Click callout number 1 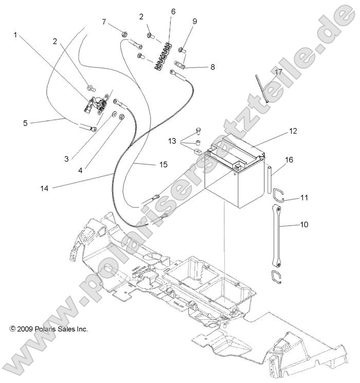pos(15,35)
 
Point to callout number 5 pos(25,123)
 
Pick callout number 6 pos(173,11)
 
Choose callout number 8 pos(198,67)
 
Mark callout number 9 pos(194,21)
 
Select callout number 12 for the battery pos(293,132)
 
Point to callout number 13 pos(171,140)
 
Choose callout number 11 pos(304,197)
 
